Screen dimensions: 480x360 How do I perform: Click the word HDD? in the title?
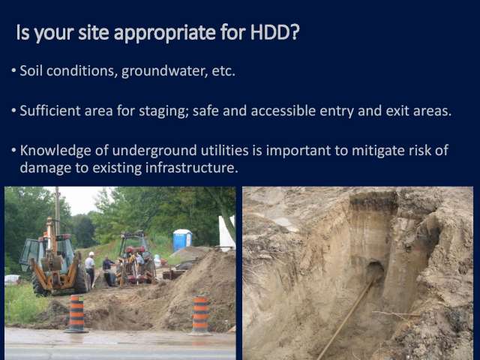click(275, 32)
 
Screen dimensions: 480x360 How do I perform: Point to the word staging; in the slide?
click(163, 112)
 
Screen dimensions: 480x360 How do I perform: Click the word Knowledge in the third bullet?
click(55, 151)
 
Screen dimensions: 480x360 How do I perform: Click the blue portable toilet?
click(182, 240)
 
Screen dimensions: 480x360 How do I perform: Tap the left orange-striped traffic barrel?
click(76, 313)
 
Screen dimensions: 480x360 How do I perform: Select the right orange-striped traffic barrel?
click(200, 315)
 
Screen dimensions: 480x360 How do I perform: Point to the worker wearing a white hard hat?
click(90, 267)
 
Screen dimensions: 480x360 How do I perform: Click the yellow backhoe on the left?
click(53, 260)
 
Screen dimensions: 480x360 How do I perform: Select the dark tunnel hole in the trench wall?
click(374, 270)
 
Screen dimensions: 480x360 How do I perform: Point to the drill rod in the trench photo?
click(346, 318)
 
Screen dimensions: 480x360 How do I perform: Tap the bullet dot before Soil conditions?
click(13, 70)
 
